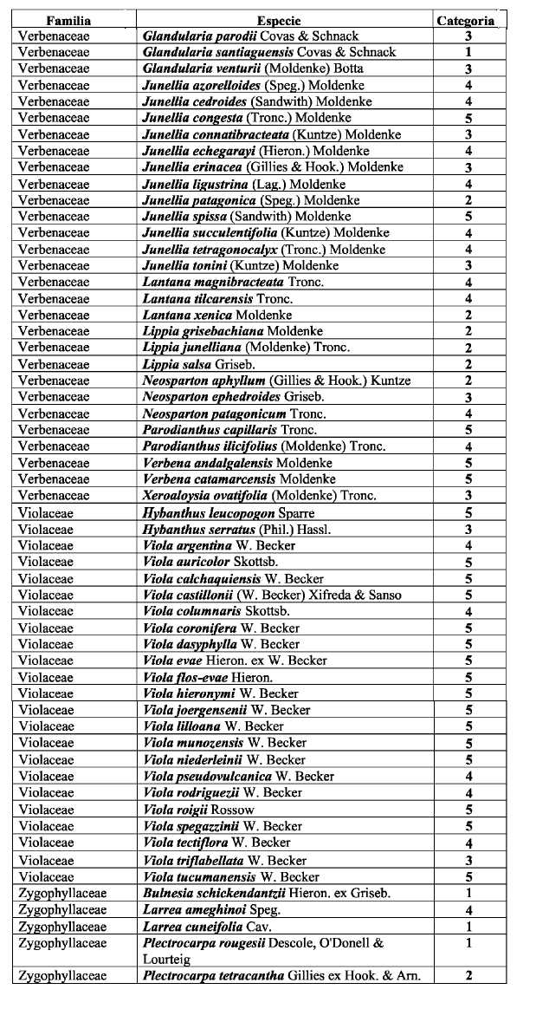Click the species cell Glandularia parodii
click(249, 36)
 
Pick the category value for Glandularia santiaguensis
click(468, 53)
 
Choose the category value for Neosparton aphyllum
click(468, 381)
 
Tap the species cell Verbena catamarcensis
click(239, 479)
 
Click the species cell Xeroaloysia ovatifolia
click(259, 496)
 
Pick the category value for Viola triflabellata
click(468, 860)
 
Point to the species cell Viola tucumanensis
click(231, 876)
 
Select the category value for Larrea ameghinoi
click(468, 909)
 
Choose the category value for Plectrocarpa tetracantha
click(468, 976)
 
